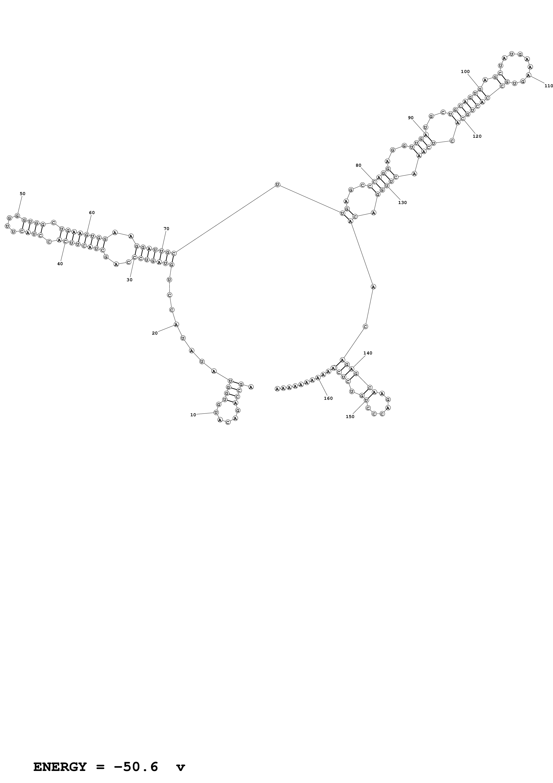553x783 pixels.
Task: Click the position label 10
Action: point(193,415)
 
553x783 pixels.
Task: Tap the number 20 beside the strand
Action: point(155,333)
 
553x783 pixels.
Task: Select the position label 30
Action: point(129,280)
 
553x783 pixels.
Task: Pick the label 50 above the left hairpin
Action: point(23,194)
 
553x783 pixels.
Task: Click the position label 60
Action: point(92,213)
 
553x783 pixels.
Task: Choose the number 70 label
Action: point(166,229)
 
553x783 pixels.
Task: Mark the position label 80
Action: point(358,165)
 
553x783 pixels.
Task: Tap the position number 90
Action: point(411,118)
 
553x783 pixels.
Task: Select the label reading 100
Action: point(465,72)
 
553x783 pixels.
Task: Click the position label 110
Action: point(549,86)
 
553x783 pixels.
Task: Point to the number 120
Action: point(477,136)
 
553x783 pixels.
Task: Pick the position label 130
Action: point(402,203)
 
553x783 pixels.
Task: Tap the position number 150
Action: point(350,417)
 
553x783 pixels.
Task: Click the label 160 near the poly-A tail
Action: point(328,398)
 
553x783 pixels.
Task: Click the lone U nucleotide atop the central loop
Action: point(277,185)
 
